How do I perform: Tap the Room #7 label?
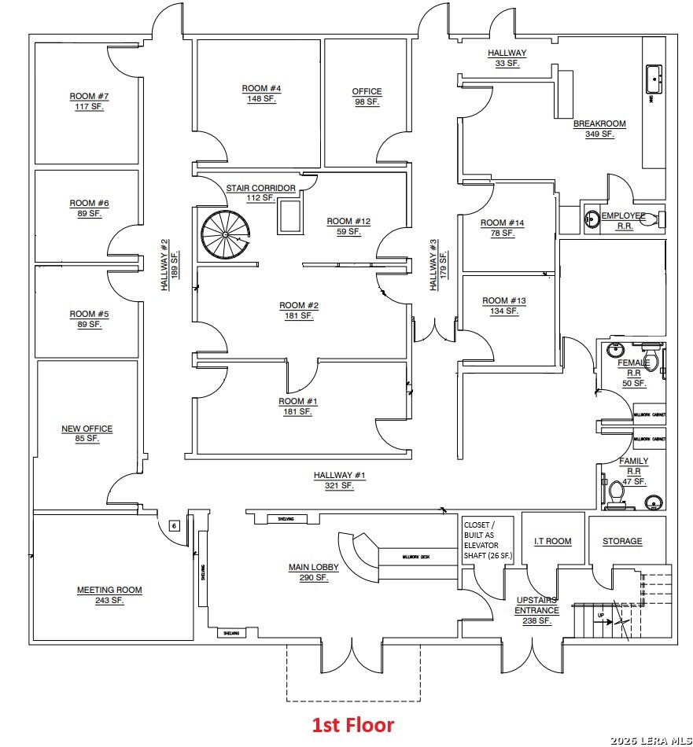click(x=89, y=97)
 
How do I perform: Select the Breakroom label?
click(x=599, y=124)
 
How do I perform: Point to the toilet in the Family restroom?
click(x=617, y=491)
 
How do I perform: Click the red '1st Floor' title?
click(x=353, y=724)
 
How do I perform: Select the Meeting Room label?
click(x=109, y=590)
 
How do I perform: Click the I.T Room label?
click(x=553, y=541)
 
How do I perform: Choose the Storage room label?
click(x=622, y=541)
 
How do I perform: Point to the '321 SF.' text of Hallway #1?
click(x=339, y=486)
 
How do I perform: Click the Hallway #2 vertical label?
click(x=165, y=265)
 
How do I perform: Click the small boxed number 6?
click(x=175, y=525)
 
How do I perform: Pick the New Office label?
click(x=87, y=429)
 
